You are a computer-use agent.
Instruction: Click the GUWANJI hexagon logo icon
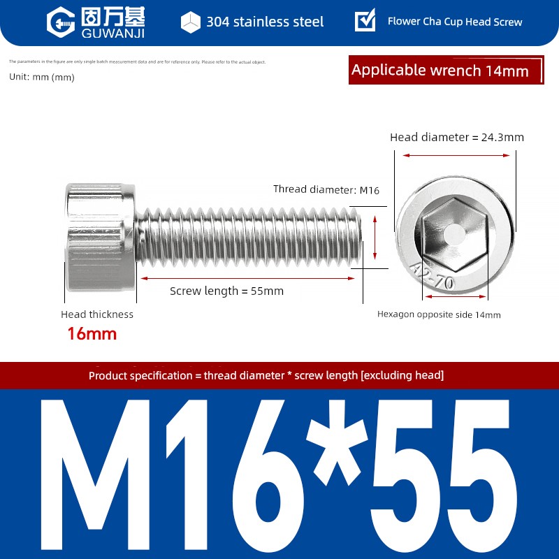61,22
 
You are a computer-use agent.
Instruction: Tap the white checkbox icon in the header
365,20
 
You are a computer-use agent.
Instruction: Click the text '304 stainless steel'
265,22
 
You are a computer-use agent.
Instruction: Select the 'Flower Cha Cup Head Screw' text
455,22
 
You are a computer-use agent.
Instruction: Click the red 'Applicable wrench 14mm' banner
446,70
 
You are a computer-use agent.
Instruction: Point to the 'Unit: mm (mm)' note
42,77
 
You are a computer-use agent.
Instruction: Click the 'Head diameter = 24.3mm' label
457,137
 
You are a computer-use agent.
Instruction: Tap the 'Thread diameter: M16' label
326,189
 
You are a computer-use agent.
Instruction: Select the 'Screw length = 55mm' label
226,291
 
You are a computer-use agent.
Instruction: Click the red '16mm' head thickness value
92,334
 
